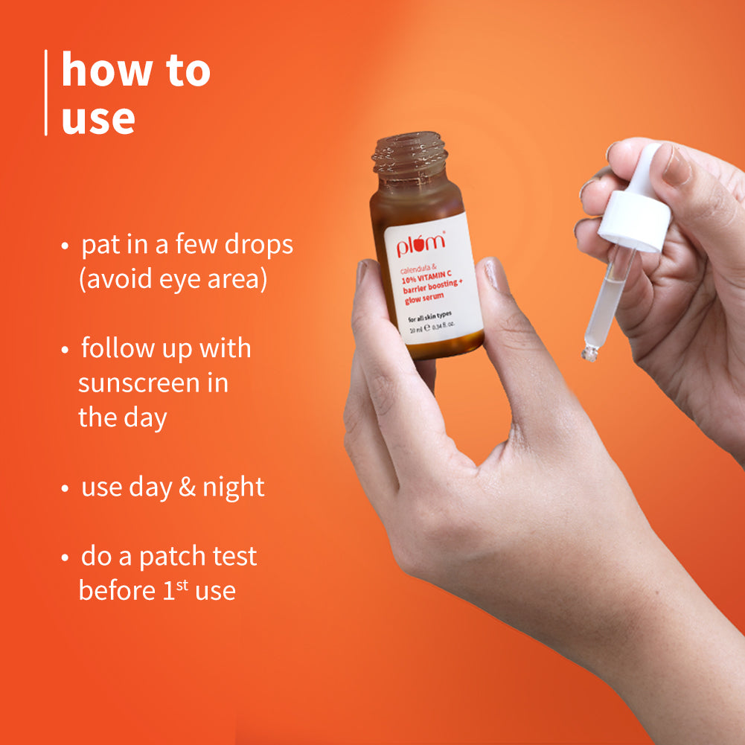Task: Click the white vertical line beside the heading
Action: [x=46, y=93]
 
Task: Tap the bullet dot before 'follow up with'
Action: [x=66, y=349]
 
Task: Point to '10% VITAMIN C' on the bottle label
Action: [x=430, y=273]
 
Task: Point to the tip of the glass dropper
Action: [x=590, y=354]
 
